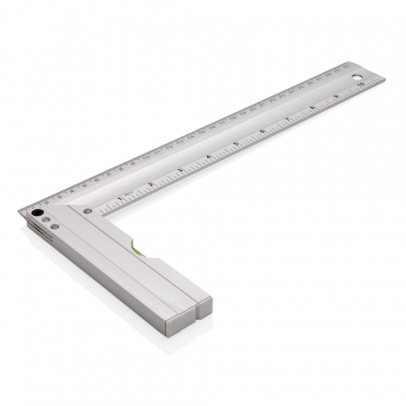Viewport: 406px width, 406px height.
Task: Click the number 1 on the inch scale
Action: (120, 198)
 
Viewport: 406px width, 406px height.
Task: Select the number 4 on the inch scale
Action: (208, 156)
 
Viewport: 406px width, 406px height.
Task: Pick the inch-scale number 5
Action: (236, 144)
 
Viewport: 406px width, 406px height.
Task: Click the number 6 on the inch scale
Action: (262, 131)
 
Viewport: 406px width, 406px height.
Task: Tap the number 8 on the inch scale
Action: (313, 107)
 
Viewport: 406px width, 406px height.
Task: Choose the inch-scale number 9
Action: (337, 96)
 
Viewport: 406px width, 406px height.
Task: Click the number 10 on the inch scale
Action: (361, 85)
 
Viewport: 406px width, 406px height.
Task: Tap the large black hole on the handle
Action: (37, 212)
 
